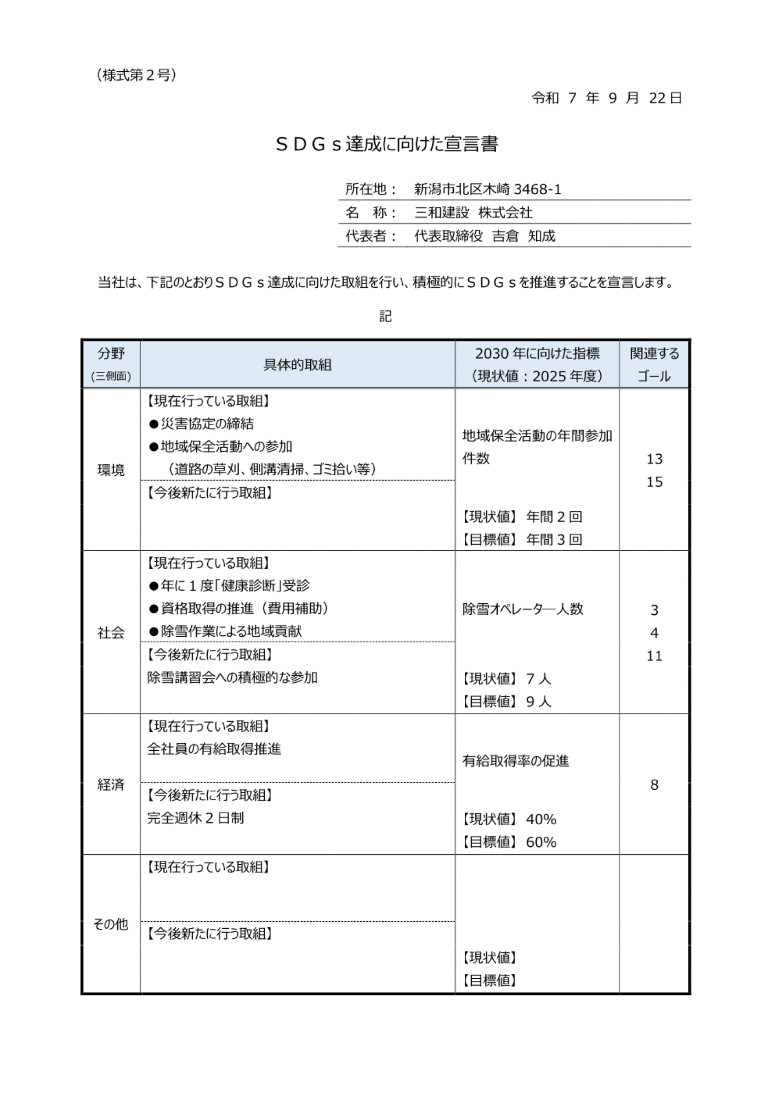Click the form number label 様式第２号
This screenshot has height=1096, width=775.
(x=136, y=75)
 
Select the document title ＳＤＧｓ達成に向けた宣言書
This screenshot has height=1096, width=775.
(x=387, y=144)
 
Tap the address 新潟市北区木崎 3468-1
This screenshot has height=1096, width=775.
(x=487, y=190)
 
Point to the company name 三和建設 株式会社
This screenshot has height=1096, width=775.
(x=473, y=213)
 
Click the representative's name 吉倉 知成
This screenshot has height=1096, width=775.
(x=523, y=236)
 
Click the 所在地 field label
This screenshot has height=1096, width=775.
(x=365, y=190)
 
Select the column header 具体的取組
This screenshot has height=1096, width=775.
(x=297, y=365)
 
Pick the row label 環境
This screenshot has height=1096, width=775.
(x=111, y=470)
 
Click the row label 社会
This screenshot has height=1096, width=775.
(x=111, y=633)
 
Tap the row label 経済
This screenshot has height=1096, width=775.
(x=111, y=785)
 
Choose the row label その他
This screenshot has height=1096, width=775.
(x=111, y=924)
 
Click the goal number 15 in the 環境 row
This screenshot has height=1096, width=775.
(x=654, y=482)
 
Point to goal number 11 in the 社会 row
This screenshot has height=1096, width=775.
(x=654, y=656)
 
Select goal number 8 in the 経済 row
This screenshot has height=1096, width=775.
(x=654, y=785)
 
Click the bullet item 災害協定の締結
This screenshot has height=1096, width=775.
(x=207, y=424)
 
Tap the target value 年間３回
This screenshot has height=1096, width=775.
(x=554, y=540)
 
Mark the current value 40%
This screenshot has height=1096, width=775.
(x=541, y=819)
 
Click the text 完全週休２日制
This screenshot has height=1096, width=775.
(x=195, y=818)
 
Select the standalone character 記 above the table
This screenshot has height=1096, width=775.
(x=386, y=317)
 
